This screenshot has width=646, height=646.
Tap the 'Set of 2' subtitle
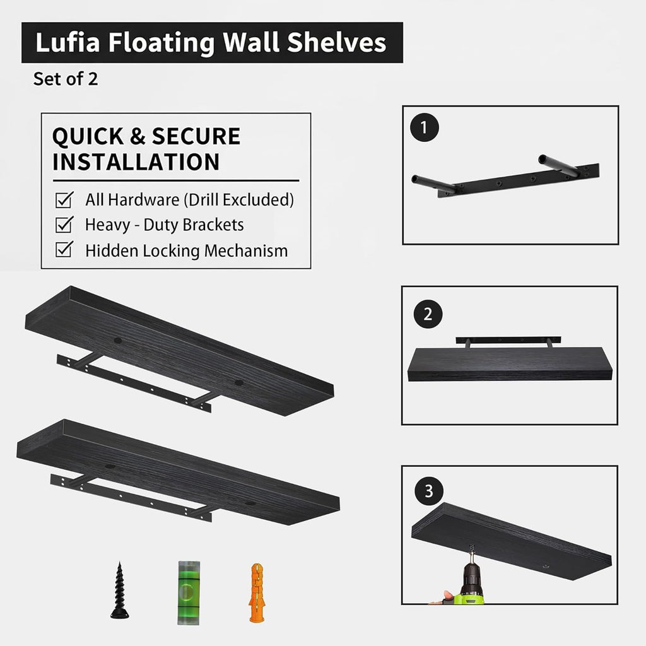[66, 79]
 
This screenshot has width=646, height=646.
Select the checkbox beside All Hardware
[64, 200]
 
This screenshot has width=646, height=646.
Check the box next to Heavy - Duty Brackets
[64, 225]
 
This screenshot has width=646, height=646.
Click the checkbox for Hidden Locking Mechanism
[64, 250]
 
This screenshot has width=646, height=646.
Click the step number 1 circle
[423, 128]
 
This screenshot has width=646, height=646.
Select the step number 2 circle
[428, 314]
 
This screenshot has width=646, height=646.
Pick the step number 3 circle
[429, 491]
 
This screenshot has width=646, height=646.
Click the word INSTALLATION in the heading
[136, 161]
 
